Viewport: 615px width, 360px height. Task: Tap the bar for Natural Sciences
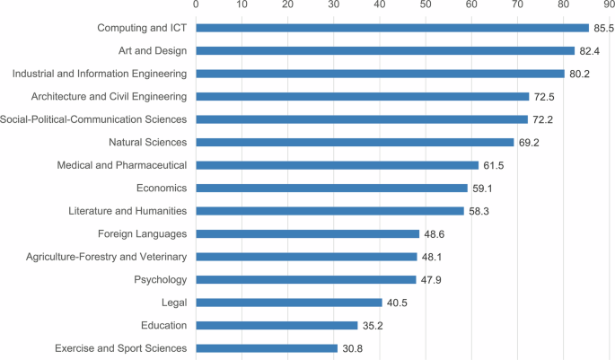355,142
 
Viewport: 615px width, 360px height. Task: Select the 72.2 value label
542,119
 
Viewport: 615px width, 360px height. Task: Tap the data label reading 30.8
352,348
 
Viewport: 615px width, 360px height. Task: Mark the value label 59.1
482,188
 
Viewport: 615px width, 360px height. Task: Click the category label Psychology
160,279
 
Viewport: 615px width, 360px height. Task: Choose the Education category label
163,325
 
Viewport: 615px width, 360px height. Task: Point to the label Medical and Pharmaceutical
121,165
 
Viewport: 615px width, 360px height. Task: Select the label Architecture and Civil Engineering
109,96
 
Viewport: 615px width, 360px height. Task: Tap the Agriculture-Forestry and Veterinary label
101,257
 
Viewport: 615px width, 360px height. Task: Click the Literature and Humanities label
127,211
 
